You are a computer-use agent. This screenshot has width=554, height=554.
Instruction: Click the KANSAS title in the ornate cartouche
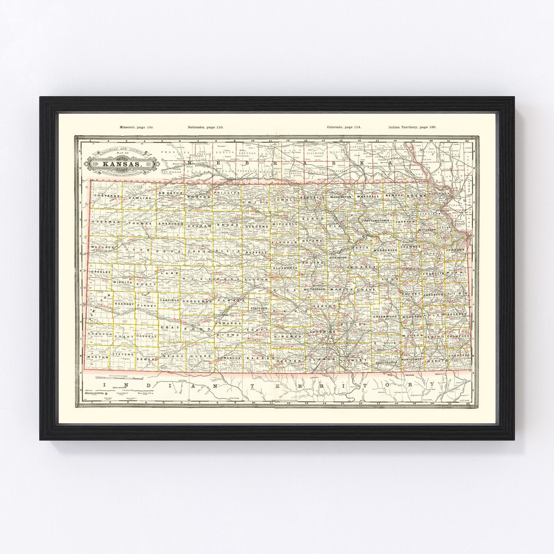pos(121,164)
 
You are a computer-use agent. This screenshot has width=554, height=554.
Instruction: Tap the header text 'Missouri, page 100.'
pos(136,127)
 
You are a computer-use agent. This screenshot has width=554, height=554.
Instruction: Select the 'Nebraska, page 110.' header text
pos(205,127)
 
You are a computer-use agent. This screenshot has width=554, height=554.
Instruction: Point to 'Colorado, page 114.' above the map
pos(344,127)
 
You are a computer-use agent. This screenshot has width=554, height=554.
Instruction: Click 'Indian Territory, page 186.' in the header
pos(412,127)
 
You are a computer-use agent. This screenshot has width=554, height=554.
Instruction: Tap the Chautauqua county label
pos(386,363)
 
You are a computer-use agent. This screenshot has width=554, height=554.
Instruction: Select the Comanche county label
pos(229,358)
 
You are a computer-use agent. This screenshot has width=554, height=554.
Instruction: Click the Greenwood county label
pos(384,317)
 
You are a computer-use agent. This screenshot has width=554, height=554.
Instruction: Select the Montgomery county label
pos(413,359)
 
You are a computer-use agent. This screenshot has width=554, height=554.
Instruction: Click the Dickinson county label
pos(338,257)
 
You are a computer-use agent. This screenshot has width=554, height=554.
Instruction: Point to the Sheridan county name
pos(171,224)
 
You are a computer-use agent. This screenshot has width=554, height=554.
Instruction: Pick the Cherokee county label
pos(459,355)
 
